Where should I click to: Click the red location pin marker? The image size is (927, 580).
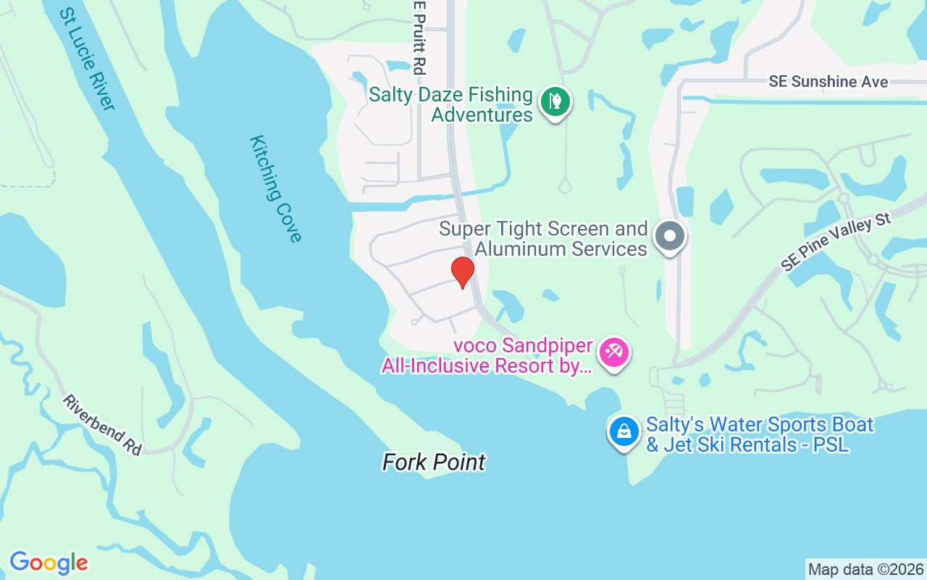pos(463,272)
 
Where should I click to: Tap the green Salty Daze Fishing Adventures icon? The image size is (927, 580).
pos(555,102)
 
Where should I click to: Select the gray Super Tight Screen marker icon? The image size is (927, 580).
pos(669,236)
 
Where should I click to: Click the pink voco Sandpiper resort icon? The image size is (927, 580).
pos(614,354)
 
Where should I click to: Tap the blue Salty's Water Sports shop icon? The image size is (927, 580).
pos(624,431)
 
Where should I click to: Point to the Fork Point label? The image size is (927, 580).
pos(434,462)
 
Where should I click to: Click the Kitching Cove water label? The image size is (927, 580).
pos(274,188)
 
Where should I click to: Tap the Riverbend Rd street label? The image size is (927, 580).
pos(102,425)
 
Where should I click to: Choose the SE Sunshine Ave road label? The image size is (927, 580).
pos(828,81)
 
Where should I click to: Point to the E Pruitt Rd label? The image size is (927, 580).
pos(419,38)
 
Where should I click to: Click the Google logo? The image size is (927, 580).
pos(49,563)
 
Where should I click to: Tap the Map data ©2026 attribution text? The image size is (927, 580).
pos(865,570)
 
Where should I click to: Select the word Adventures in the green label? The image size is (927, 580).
pos(482,115)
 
